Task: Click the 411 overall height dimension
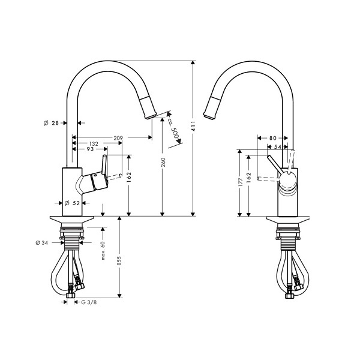(x=193, y=126)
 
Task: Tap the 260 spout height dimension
(x=163, y=163)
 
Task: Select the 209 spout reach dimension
(x=118, y=138)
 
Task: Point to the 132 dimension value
(x=94, y=144)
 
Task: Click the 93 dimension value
(x=90, y=149)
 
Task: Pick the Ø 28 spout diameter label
(x=51, y=123)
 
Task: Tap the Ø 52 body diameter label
(x=72, y=203)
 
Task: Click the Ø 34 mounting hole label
(x=42, y=242)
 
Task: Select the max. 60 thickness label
(x=103, y=250)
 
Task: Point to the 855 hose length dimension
(x=119, y=261)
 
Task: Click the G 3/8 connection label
(x=89, y=302)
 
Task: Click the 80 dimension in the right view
(x=273, y=138)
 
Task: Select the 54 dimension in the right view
(x=278, y=147)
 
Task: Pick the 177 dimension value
(x=241, y=182)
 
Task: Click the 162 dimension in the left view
(x=129, y=177)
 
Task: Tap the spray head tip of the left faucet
(x=151, y=116)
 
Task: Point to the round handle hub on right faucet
(x=287, y=179)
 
